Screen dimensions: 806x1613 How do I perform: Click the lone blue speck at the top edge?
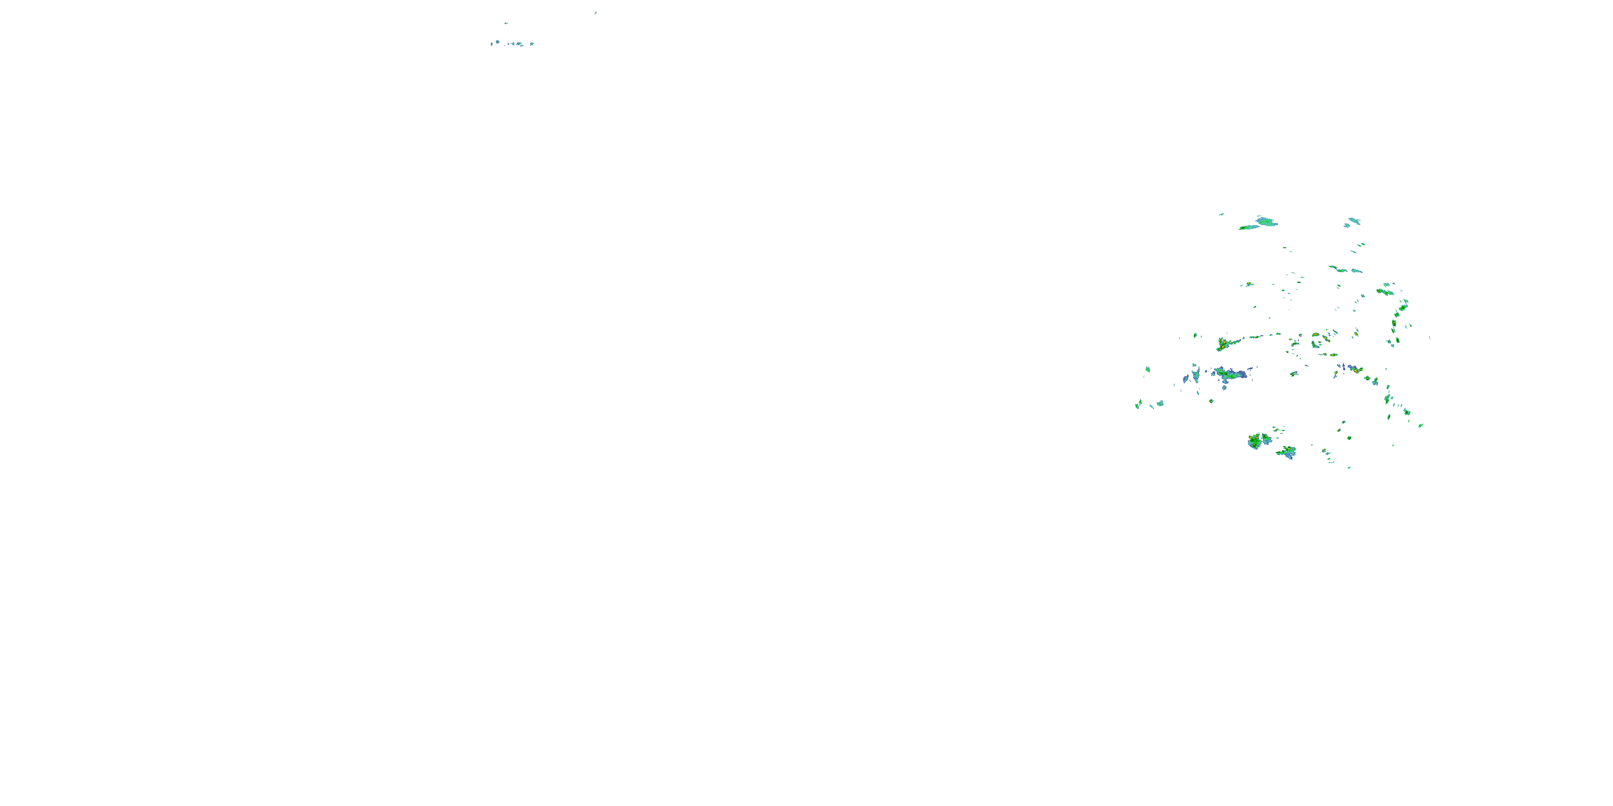coord(596,12)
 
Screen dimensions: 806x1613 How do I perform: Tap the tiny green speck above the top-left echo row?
coord(506,24)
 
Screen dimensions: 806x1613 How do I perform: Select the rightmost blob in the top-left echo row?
coord(532,44)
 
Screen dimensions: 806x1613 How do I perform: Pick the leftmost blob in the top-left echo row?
coord(492,45)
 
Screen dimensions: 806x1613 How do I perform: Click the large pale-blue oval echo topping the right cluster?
coord(1266,221)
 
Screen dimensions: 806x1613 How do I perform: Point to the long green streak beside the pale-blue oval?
coord(1248,228)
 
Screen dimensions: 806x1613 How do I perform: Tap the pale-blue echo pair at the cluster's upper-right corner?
coord(1353,221)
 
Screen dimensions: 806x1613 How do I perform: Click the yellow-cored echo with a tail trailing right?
coord(1223,343)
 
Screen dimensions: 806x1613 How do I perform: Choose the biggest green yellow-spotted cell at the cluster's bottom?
coord(1259,441)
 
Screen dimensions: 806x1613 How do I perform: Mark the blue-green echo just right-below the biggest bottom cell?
coord(1287,452)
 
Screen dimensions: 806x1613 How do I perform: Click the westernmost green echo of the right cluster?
coord(1138,405)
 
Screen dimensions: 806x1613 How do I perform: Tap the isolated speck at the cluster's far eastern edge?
coord(1430,338)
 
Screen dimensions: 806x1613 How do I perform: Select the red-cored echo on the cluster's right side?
coord(1355,370)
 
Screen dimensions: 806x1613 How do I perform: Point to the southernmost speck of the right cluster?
coord(1349,467)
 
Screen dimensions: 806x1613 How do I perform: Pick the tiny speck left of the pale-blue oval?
coord(1221,214)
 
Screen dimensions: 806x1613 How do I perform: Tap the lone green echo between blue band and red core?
coord(1294,373)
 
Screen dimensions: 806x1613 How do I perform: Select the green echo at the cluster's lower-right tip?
coord(1420,426)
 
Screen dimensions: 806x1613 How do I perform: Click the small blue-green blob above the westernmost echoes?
coord(1148,370)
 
